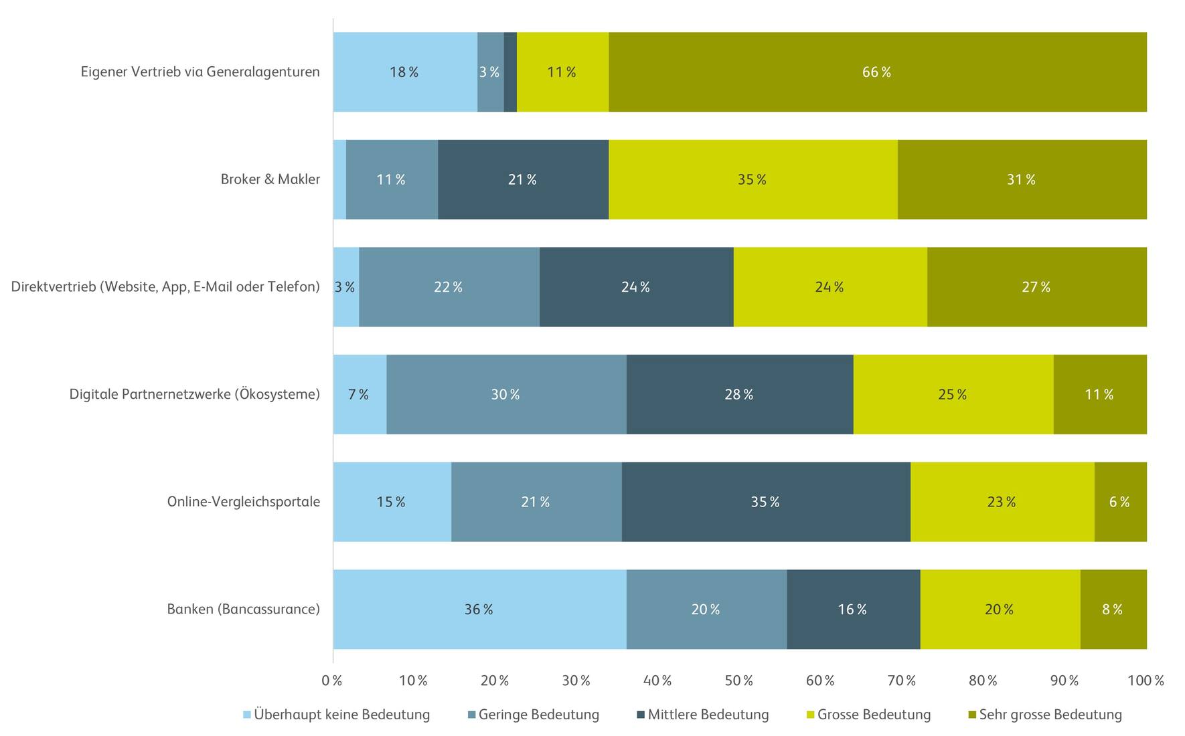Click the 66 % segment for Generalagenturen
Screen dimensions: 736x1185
click(x=877, y=72)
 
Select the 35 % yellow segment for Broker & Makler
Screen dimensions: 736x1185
click(x=753, y=179)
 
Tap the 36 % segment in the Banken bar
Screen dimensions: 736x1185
click(x=479, y=609)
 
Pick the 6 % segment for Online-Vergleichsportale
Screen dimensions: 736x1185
click(x=1120, y=502)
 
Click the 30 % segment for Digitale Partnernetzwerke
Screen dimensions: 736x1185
click(x=506, y=394)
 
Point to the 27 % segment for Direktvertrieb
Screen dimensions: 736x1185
click(x=1036, y=287)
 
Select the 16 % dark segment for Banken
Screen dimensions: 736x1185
click(x=853, y=609)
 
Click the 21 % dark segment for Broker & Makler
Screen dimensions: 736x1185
click(x=523, y=179)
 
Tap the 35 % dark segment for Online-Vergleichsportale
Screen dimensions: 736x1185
click(x=765, y=502)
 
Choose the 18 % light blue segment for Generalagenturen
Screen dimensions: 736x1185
click(x=404, y=72)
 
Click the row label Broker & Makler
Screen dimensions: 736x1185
click(x=270, y=179)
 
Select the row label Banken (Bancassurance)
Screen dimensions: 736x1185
click(x=243, y=609)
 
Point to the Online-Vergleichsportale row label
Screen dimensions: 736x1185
click(x=243, y=502)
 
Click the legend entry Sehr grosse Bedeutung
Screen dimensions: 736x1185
click(x=1050, y=715)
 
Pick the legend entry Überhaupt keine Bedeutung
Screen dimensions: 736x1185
click(x=341, y=715)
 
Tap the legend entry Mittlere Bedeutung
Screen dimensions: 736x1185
click(x=708, y=715)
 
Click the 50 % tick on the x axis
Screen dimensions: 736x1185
click(x=739, y=681)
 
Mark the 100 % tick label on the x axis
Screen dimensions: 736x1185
click(x=1145, y=681)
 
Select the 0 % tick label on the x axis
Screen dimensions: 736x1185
click(x=332, y=681)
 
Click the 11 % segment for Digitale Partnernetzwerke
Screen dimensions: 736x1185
click(x=1099, y=394)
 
